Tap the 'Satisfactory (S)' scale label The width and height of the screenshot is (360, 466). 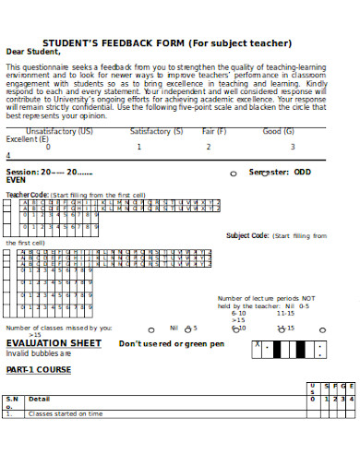(x=156, y=131)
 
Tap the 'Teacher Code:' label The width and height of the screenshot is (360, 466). (x=27, y=195)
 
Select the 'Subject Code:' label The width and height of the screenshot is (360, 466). (x=246, y=235)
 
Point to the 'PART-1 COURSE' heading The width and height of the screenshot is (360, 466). (x=38, y=369)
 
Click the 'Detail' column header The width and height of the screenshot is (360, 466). (x=39, y=399)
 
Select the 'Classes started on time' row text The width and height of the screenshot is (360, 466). (x=66, y=414)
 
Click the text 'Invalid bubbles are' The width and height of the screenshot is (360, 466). (x=39, y=352)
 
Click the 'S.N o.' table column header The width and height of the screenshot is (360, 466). (x=12, y=402)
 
